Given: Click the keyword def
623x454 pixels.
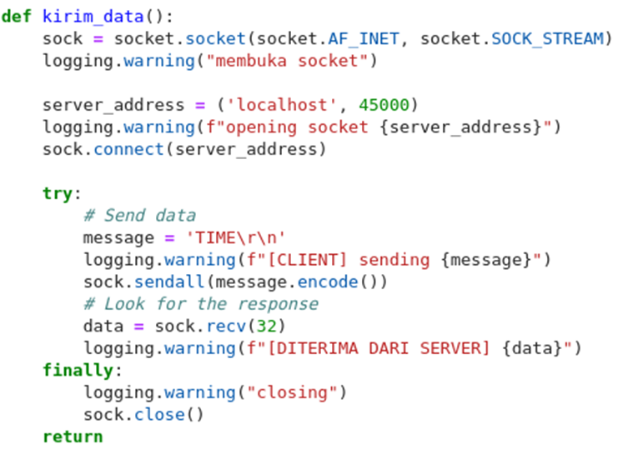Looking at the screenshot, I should (18, 17).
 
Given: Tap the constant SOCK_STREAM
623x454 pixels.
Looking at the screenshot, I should (547, 38).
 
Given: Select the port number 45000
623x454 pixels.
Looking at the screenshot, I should (384, 105).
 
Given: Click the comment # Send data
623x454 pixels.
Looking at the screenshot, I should (139, 216).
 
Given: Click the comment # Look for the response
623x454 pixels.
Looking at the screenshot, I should (200, 304).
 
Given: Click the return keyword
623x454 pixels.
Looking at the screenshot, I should (73, 437).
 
